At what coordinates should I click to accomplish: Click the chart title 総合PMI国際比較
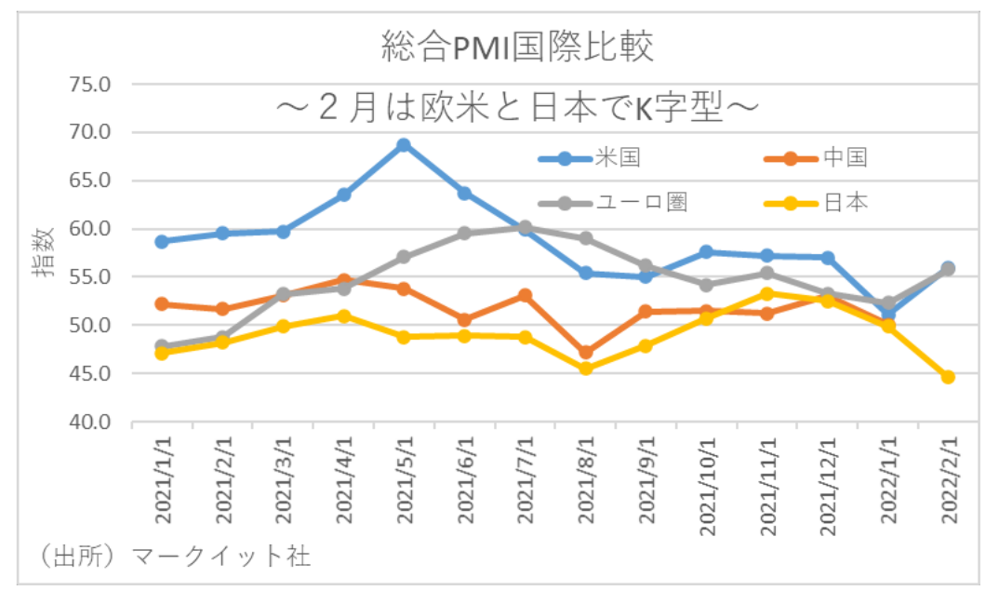[x=517, y=47]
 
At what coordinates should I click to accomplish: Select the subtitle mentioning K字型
[x=517, y=108]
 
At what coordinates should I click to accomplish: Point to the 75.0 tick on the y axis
[x=90, y=85]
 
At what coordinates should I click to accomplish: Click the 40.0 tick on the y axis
[x=90, y=423]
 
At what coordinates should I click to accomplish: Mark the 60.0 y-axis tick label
[x=90, y=229]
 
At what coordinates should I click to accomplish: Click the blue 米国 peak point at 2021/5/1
[x=404, y=145]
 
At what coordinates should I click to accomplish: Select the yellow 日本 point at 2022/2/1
[x=948, y=377]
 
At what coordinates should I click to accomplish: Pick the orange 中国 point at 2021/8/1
[x=585, y=352]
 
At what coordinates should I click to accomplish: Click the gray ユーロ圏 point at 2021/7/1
[x=525, y=226]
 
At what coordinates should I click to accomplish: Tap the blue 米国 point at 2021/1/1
[x=162, y=241]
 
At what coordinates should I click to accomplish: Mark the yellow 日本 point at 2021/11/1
[x=766, y=294]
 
